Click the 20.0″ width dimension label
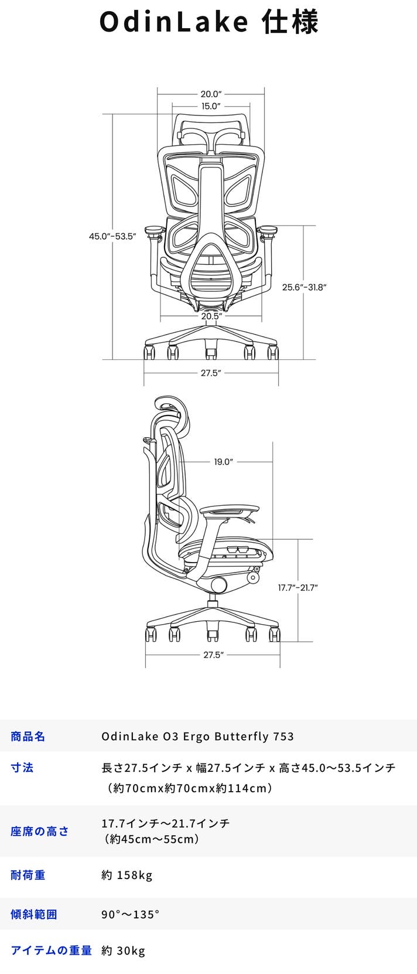pyautogui.click(x=211, y=94)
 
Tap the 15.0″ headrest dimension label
pyautogui.click(x=211, y=106)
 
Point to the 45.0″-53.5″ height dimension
pyautogui.click(x=112, y=237)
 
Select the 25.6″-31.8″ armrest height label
pyautogui.click(x=304, y=287)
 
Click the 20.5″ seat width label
pyautogui.click(x=211, y=316)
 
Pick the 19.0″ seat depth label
pyautogui.click(x=223, y=462)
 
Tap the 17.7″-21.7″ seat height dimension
pyautogui.click(x=298, y=588)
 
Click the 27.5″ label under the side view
pyautogui.click(x=213, y=655)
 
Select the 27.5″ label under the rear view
pyautogui.click(x=211, y=373)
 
